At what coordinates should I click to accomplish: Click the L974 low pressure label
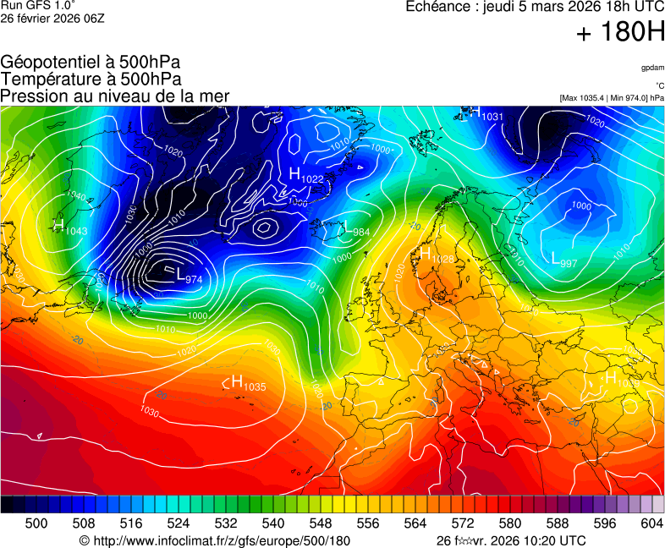point(189,277)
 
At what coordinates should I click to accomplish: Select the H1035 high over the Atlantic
point(248,383)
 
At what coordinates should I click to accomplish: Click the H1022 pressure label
point(305,175)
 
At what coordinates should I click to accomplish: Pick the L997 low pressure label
point(563,260)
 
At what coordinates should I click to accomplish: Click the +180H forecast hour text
point(619,33)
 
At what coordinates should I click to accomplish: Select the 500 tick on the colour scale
point(36,523)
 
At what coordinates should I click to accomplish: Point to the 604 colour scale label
point(651,523)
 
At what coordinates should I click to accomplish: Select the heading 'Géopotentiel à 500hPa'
point(91,63)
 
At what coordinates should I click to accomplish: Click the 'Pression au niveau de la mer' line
point(114,96)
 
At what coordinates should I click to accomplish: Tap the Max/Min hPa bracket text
point(611,98)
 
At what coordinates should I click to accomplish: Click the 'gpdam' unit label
point(651,67)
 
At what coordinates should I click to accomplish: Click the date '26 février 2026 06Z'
point(52,19)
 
